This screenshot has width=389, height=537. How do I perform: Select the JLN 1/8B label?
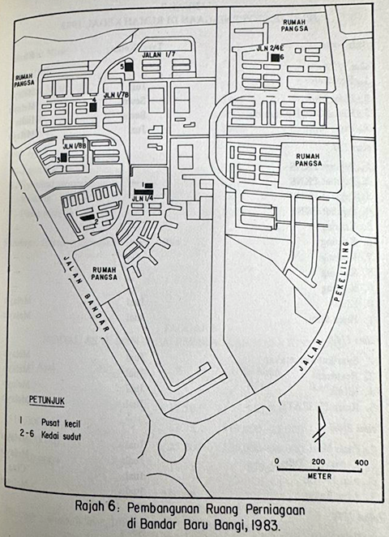(x=75, y=146)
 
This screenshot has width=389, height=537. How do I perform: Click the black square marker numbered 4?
(x=94, y=105)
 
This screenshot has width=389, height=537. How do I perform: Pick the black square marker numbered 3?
(x=63, y=158)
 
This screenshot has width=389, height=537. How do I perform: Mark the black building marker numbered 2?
(x=87, y=216)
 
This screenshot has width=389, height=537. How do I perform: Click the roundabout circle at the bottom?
(x=172, y=445)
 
